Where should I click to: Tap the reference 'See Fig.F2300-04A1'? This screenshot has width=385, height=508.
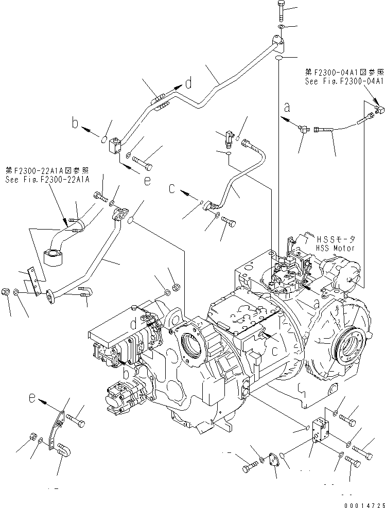point(344,81)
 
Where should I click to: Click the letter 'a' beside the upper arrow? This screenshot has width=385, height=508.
point(287,108)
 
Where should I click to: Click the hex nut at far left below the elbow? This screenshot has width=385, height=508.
point(5,291)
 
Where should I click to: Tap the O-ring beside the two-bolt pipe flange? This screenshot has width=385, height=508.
point(131,221)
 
